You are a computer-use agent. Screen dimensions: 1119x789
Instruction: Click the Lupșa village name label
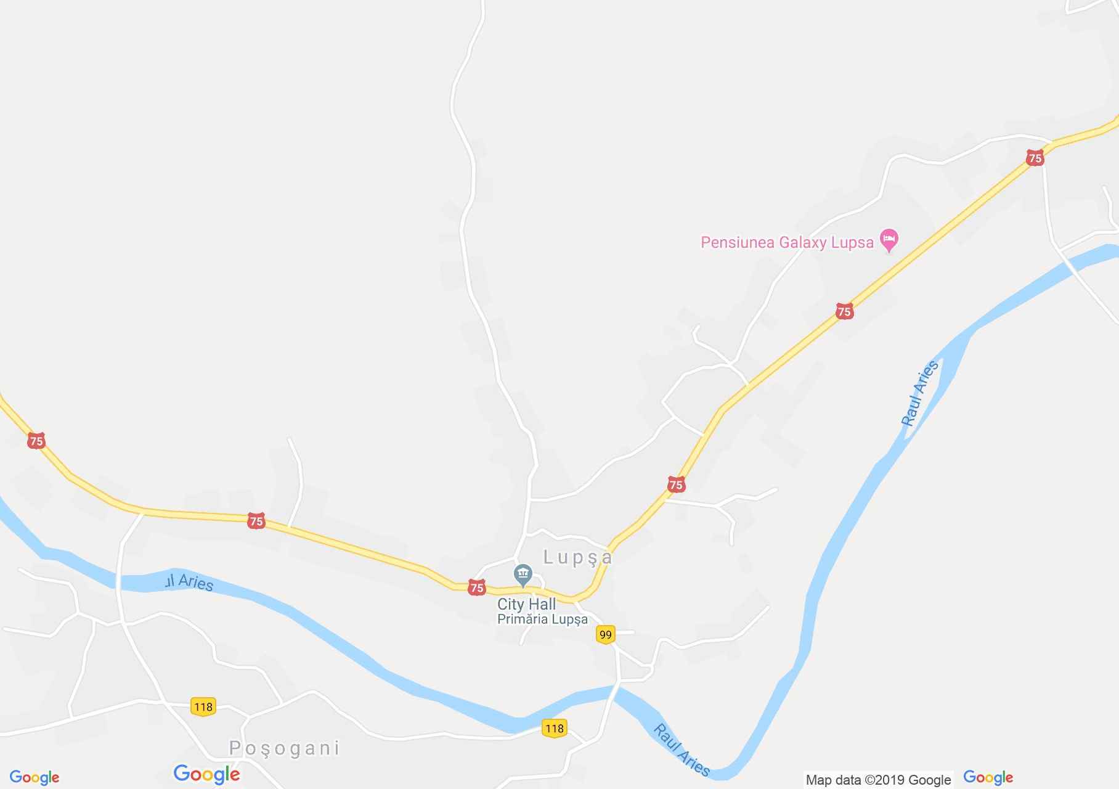(x=577, y=558)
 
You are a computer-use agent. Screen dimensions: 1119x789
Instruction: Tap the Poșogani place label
(x=284, y=748)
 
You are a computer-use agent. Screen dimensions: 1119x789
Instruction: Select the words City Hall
(x=526, y=604)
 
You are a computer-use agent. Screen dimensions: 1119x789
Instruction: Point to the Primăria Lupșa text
(x=542, y=619)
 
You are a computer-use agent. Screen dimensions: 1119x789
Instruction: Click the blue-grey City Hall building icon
(x=523, y=576)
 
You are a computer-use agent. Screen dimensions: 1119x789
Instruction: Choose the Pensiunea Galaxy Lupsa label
(x=787, y=242)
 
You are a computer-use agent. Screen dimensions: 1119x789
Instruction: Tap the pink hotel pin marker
(x=889, y=240)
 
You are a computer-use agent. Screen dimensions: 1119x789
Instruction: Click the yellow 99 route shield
(x=605, y=634)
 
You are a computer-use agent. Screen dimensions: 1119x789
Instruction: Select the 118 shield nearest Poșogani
(x=203, y=706)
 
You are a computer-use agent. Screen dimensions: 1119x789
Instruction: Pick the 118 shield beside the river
(x=554, y=729)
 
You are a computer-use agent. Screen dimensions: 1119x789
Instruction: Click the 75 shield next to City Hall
(x=476, y=587)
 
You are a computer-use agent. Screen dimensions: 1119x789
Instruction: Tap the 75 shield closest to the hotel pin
(x=844, y=311)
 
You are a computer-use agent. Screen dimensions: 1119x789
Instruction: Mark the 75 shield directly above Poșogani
(x=256, y=521)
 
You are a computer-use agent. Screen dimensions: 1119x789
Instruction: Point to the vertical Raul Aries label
(x=920, y=393)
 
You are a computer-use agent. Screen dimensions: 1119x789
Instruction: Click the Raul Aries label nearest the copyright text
(x=682, y=750)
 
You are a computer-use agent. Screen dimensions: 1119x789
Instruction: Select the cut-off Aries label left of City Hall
(x=189, y=582)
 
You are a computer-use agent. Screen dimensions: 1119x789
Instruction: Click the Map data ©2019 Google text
(x=878, y=780)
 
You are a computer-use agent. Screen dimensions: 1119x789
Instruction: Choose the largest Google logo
(x=206, y=774)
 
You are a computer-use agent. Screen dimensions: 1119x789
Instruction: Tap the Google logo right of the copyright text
(x=988, y=777)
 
